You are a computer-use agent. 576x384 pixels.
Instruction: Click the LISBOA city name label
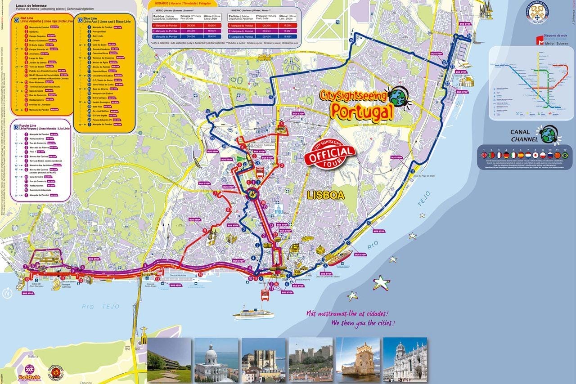click(x=325, y=195)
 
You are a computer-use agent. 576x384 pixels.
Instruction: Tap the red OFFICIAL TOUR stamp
click(x=330, y=153)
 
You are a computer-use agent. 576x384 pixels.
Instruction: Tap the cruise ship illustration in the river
click(x=253, y=313)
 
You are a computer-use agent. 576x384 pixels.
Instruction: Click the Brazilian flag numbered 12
click(x=565, y=155)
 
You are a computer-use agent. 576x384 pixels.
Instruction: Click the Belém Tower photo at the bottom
click(x=357, y=359)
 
